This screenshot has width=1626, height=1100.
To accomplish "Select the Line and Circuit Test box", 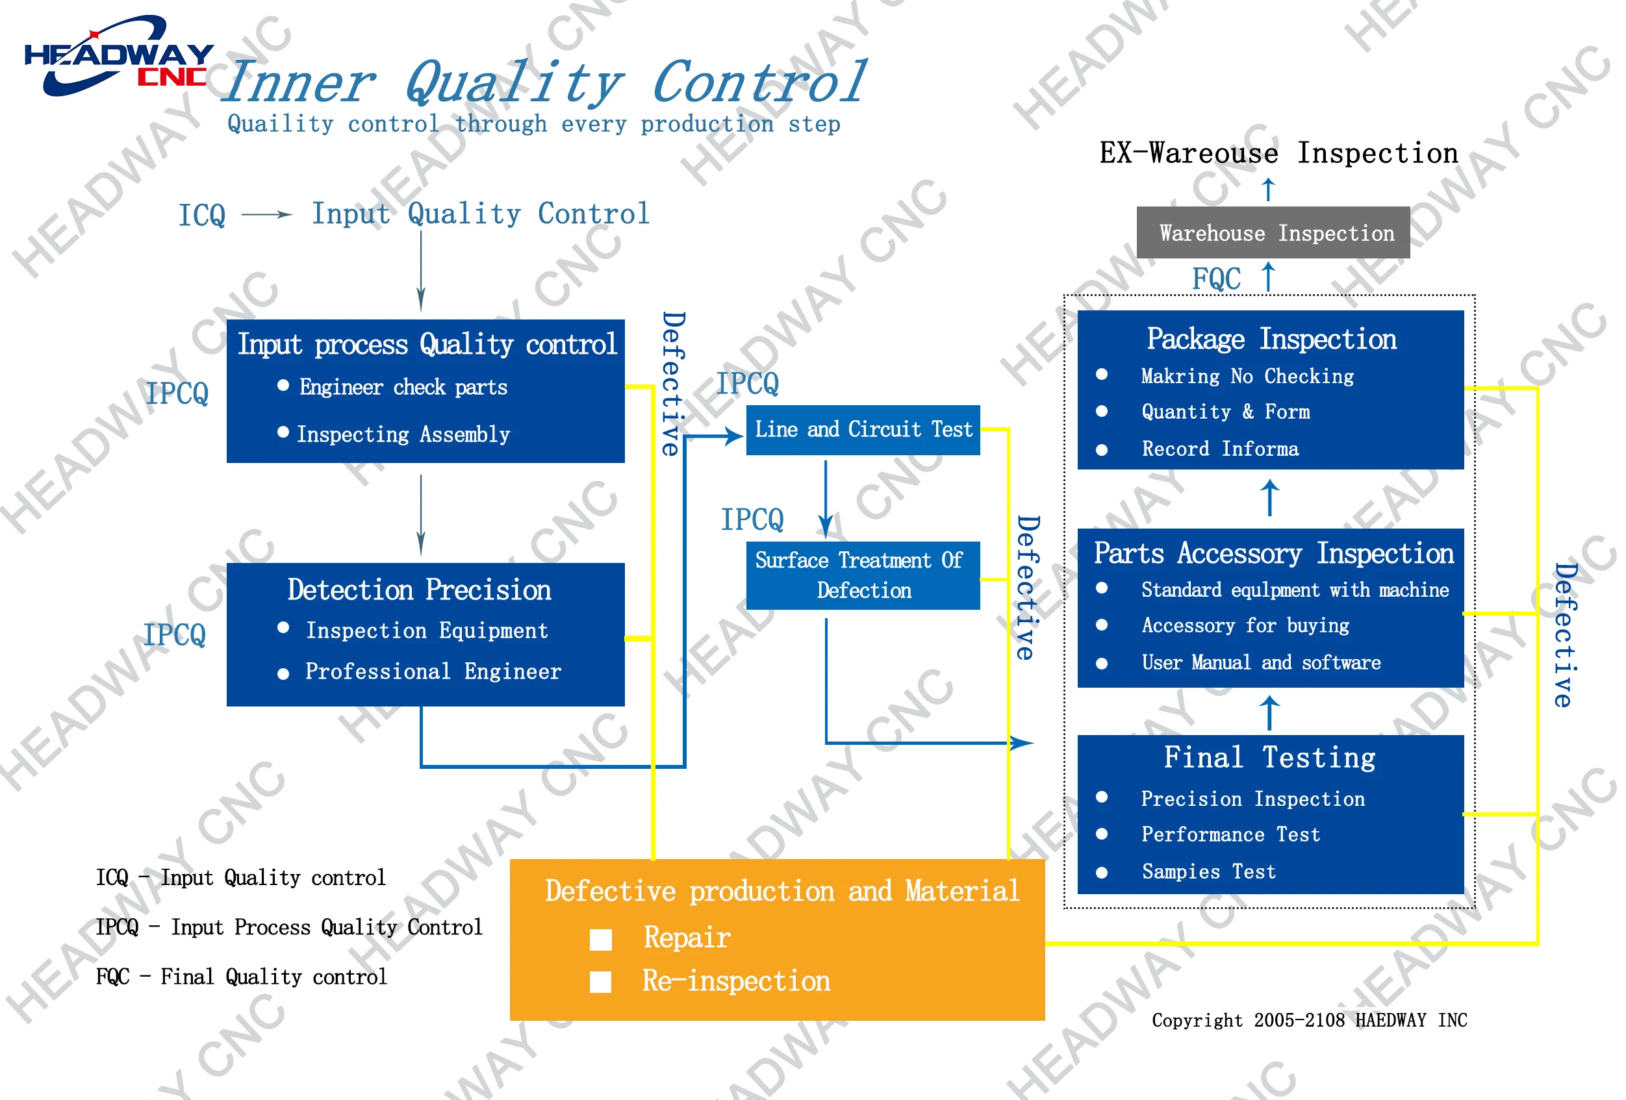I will click(862, 429).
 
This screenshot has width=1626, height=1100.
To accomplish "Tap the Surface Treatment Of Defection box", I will click(862, 575).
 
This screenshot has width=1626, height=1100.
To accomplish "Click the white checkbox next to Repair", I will click(600, 939).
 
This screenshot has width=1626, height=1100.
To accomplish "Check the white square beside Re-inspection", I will click(600, 982).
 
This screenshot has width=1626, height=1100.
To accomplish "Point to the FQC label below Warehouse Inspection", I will click(1216, 279).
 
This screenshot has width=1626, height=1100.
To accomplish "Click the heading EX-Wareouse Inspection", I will click(1278, 153).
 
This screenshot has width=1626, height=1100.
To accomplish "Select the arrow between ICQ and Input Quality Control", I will click(266, 215).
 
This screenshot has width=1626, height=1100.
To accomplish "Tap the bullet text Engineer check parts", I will click(403, 388).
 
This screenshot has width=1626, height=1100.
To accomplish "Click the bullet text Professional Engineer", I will click(433, 672).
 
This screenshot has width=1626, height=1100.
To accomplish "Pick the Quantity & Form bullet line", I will click(1225, 412).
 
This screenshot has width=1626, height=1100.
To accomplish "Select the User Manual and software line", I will click(1261, 662).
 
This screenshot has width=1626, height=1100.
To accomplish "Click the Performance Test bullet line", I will click(1230, 834).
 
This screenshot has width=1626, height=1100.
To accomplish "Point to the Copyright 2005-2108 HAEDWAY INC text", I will click(1309, 1020).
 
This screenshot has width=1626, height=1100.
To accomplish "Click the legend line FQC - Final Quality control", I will click(242, 977).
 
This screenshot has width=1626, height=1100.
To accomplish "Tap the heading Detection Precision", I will click(419, 590).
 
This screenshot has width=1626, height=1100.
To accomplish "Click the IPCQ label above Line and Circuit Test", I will click(747, 383).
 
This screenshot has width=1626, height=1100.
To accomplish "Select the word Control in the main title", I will click(759, 82).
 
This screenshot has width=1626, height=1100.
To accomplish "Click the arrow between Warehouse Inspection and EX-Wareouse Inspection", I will click(1268, 190).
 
